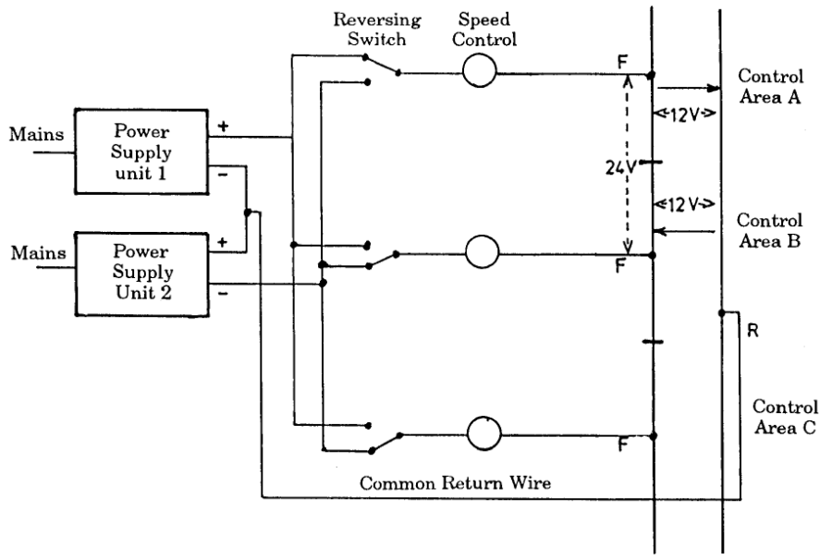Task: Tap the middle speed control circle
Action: click(482, 250)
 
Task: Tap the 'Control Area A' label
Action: click(769, 86)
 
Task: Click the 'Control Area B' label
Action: click(769, 232)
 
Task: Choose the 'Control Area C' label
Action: click(785, 417)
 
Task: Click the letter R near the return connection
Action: click(752, 331)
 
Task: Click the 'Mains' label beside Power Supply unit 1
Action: click(36, 135)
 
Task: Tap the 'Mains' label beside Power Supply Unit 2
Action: click(36, 251)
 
